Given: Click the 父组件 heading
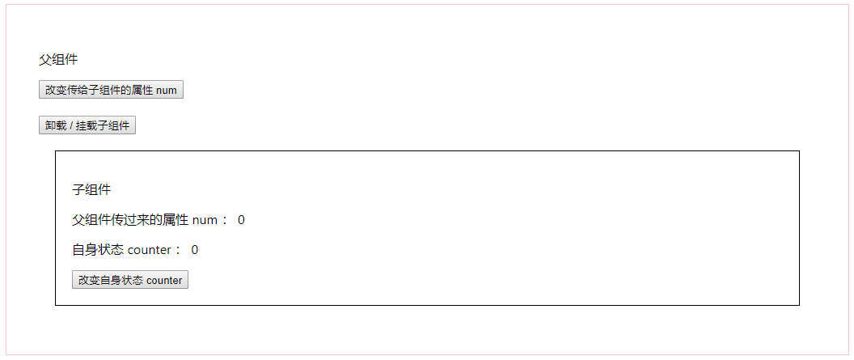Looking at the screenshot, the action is (x=58, y=59).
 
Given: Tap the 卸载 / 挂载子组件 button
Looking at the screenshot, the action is (x=87, y=125).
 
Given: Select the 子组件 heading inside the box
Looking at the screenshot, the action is (x=91, y=190).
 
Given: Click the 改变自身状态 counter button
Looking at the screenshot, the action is (x=130, y=280).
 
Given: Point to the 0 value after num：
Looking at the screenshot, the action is (x=241, y=220).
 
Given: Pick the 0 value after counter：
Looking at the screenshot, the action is (x=195, y=250).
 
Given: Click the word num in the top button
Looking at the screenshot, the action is (x=167, y=90).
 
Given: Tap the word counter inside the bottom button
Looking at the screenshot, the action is (x=164, y=281).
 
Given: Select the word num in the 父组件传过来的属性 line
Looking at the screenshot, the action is (x=205, y=220).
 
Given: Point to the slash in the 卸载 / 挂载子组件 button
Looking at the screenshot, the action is (x=70, y=125).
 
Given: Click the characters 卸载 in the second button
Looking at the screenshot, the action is (x=55, y=125).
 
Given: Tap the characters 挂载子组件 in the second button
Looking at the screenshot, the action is (x=103, y=125).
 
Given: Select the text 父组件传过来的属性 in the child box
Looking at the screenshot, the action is (x=130, y=220).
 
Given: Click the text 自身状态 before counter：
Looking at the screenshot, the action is (x=98, y=250).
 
